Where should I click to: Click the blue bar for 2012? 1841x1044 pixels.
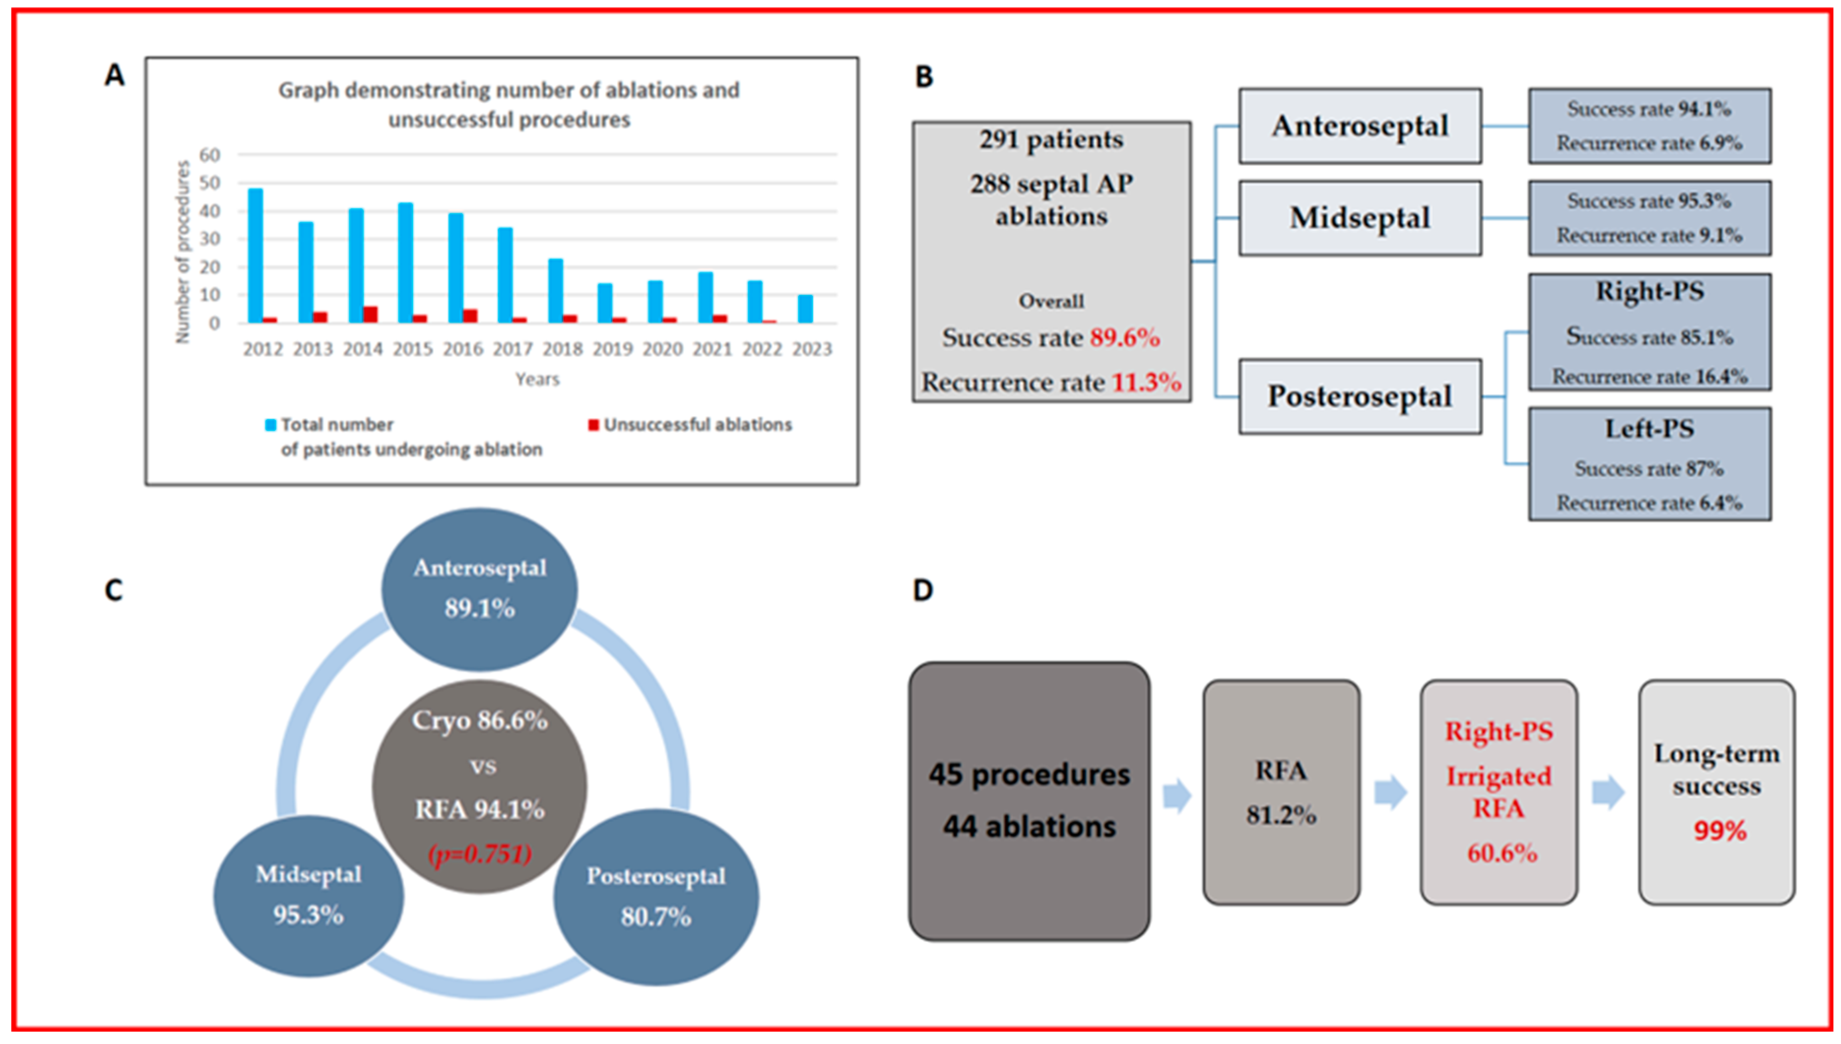[x=255, y=255]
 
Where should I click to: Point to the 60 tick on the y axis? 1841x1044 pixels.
[x=209, y=155]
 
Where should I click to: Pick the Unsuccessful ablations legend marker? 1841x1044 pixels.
[x=593, y=425]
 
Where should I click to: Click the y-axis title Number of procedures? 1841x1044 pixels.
[x=183, y=251]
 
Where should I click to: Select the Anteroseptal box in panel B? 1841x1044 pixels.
[x=1359, y=126]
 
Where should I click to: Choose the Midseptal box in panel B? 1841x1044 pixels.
[x=1359, y=218]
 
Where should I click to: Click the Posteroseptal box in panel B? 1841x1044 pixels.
[x=1359, y=396]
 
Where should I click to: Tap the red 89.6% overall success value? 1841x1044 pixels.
[x=1124, y=338]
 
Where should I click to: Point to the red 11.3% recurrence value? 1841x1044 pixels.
[x=1146, y=382]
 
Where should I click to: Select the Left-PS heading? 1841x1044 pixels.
[x=1649, y=429]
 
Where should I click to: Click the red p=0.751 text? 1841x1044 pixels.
[x=480, y=854]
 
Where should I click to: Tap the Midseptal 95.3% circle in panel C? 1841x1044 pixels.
[x=308, y=896]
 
